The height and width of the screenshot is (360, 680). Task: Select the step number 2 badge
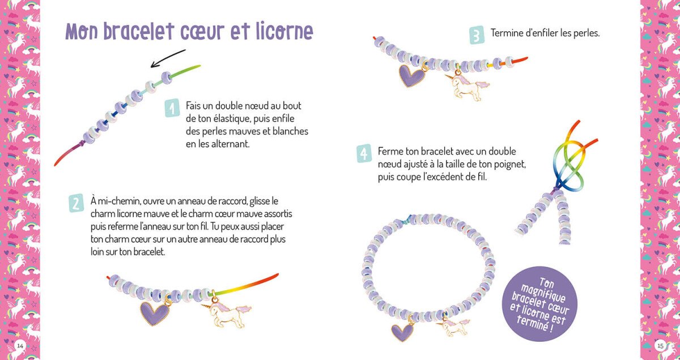coord(76,203)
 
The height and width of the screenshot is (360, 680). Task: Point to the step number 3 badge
coord(477,35)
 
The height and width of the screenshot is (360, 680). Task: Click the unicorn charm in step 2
coord(225,314)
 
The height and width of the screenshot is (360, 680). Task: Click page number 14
coord(20,345)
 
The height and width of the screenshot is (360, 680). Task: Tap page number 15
coord(660,345)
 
